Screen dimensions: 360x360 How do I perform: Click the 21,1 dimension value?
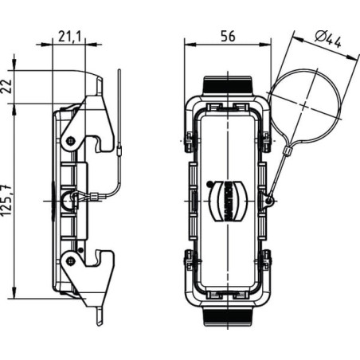point(69,37)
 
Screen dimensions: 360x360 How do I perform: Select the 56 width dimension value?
point(228,36)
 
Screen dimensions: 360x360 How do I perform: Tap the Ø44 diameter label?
point(328,40)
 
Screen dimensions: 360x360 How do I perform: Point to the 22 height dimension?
point(7,86)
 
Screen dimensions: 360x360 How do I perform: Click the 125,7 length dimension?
point(7,200)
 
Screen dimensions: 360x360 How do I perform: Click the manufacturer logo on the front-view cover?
point(229,201)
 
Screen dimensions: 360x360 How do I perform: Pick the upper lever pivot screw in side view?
point(70,140)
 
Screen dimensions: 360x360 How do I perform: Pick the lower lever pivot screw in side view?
point(70,261)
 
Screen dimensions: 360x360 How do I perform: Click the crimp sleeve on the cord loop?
point(288,151)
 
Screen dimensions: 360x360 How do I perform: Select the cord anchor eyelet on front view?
point(269,201)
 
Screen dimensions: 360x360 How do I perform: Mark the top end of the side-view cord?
point(119,70)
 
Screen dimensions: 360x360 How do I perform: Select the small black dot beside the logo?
point(209,183)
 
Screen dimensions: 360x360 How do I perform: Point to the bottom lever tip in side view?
point(99,323)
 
